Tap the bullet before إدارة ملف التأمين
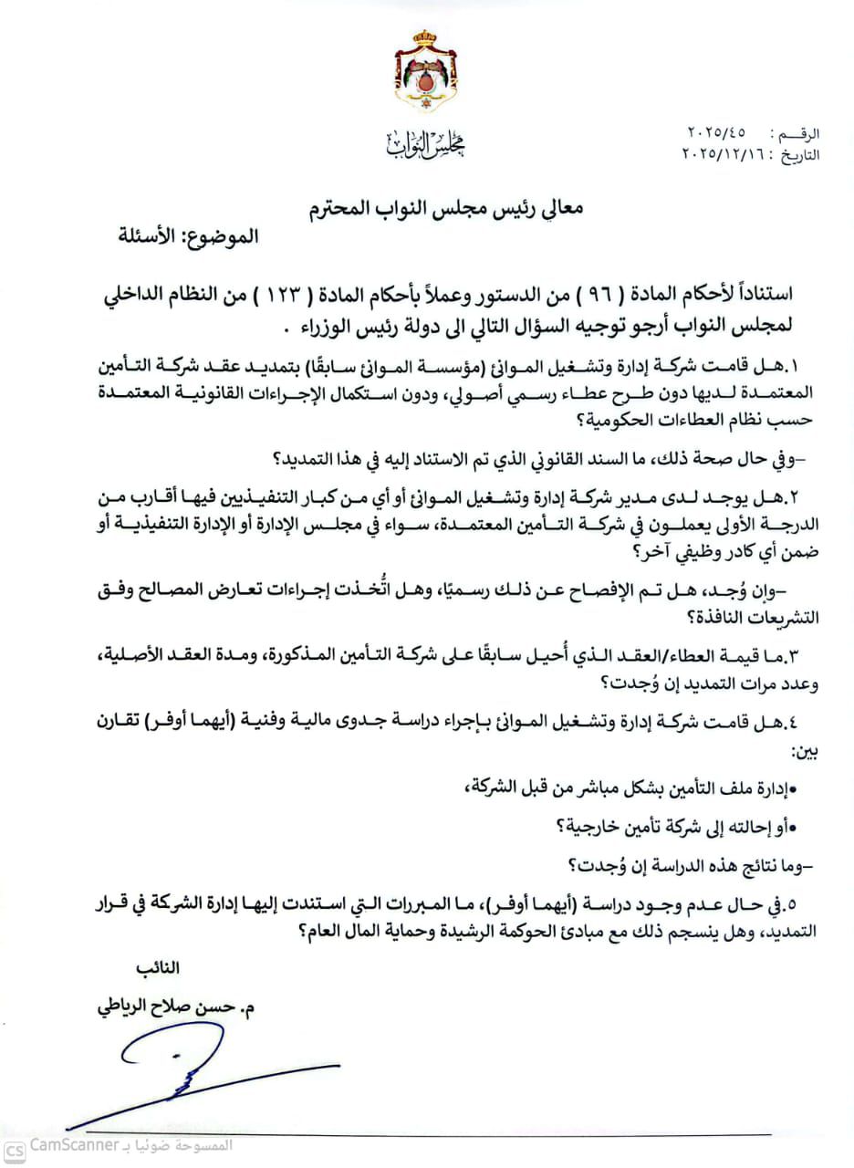793,787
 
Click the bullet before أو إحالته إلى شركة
793,826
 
